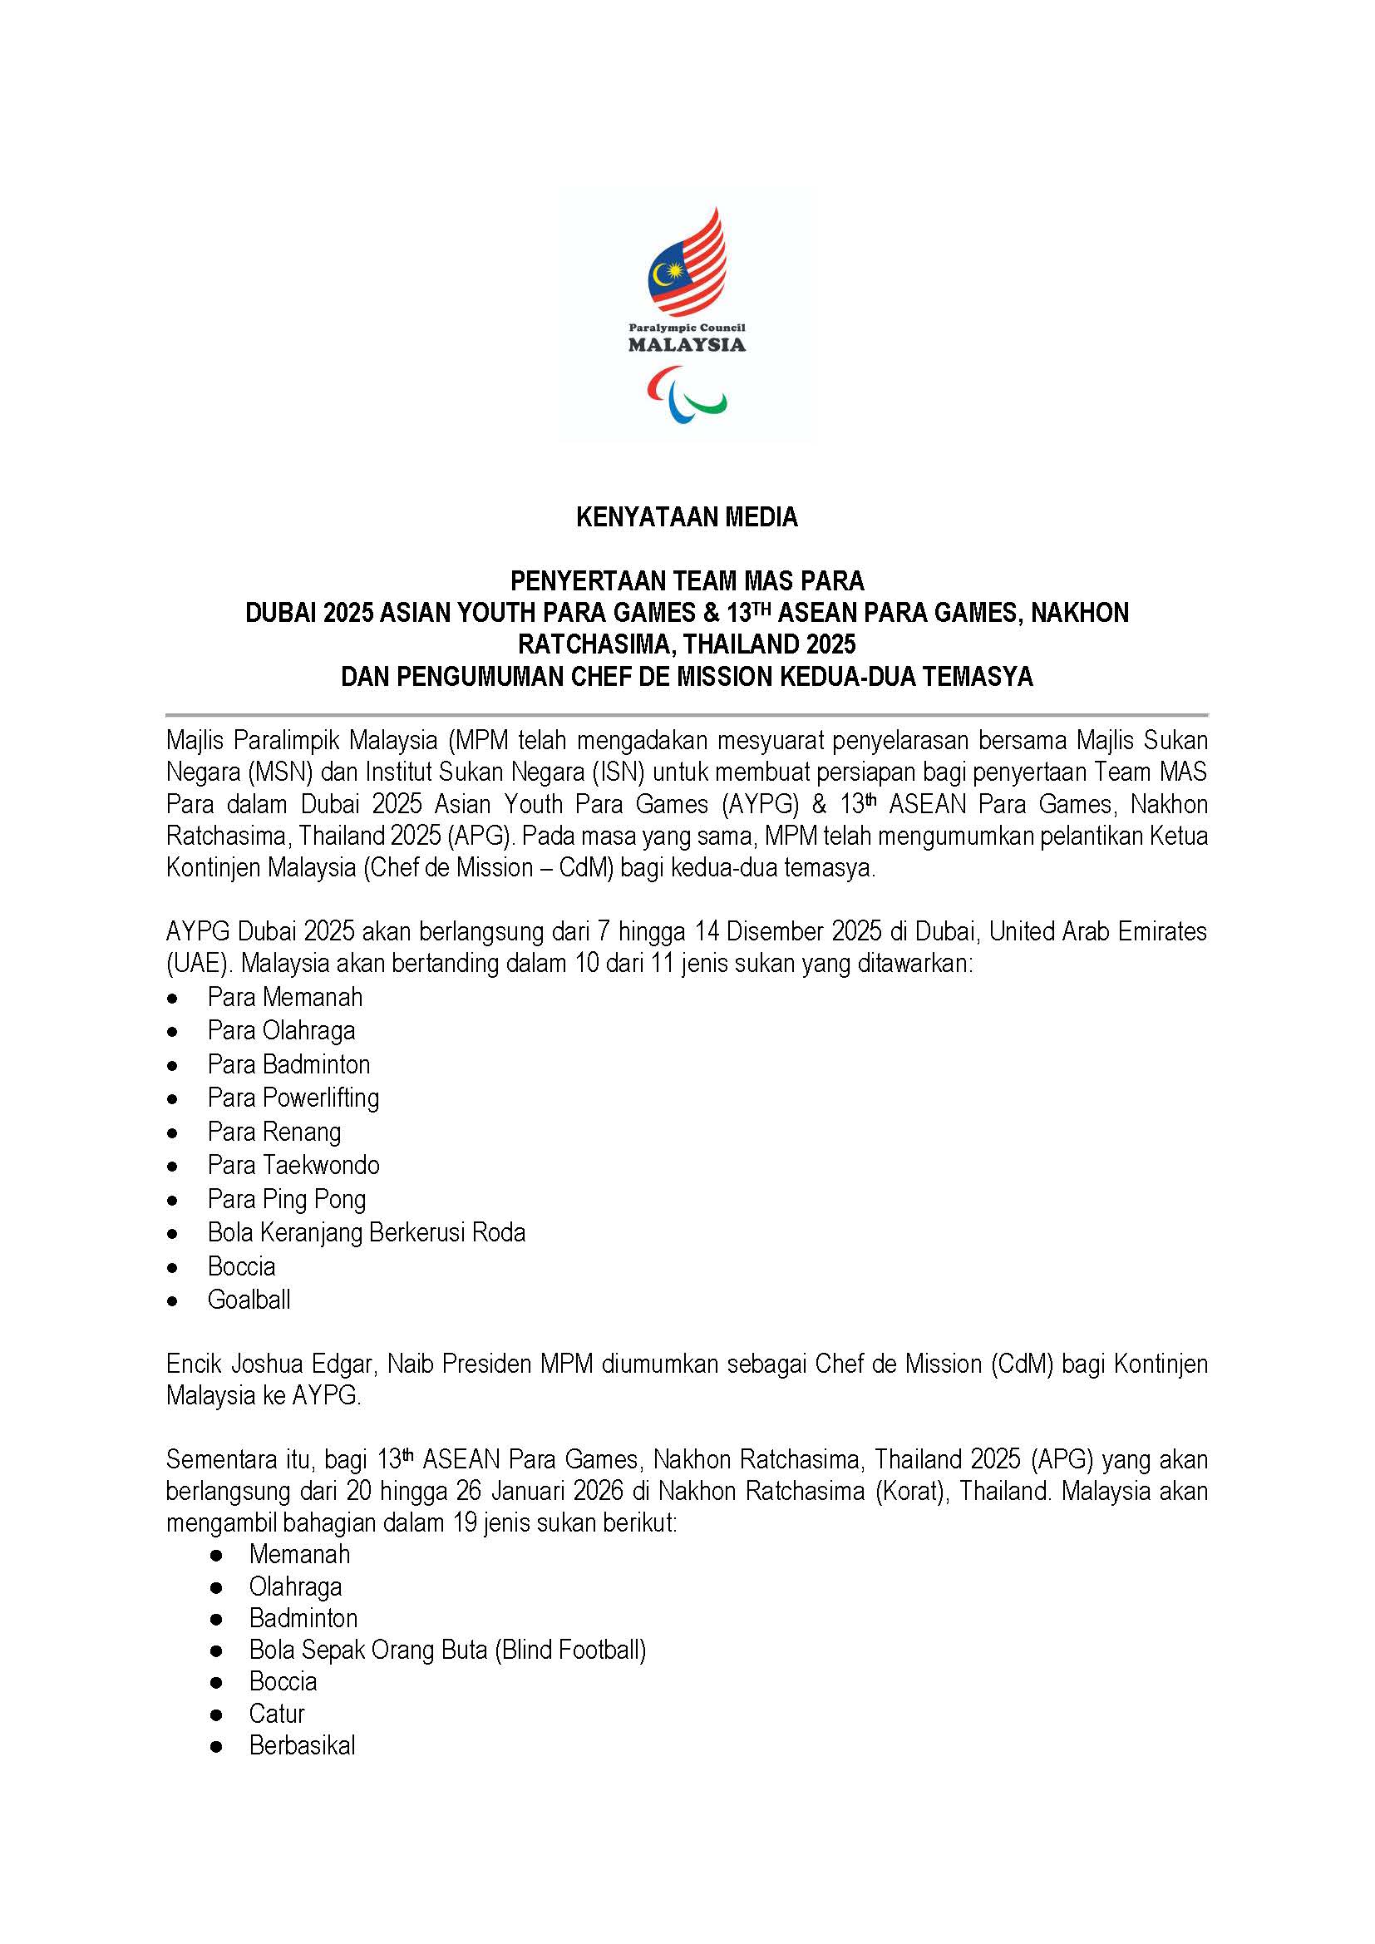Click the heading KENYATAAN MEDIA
pos(687,517)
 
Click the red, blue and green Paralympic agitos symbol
pos(687,394)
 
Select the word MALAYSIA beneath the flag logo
pos(687,344)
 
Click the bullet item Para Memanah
pos(284,998)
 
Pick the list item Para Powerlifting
pos(293,1098)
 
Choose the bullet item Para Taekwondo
pos(293,1166)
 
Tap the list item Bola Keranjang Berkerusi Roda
pos(366,1233)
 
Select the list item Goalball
pos(249,1300)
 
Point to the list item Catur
pos(276,1714)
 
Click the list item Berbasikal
pos(302,1746)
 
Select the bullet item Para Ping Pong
pos(286,1200)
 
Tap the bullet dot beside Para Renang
pos(173,1133)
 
